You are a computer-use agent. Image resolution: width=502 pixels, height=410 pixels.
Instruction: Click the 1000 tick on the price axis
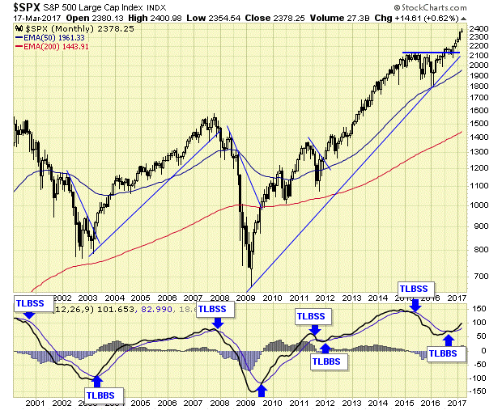click(483, 205)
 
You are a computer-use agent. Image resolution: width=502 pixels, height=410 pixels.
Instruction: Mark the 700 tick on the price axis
click(480, 276)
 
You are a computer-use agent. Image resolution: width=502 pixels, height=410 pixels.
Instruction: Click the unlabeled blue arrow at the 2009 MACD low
click(262, 391)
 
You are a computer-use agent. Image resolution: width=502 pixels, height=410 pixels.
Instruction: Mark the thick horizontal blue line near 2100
click(430, 53)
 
